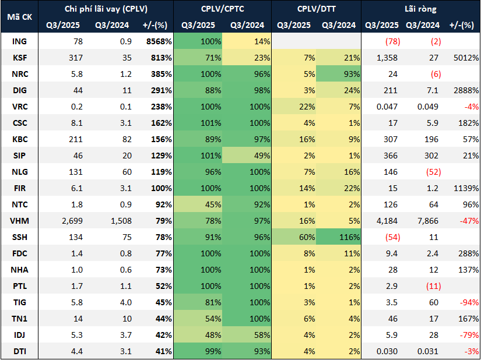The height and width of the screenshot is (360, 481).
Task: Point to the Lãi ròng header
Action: tap(420, 9)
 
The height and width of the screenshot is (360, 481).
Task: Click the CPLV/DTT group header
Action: tap(316, 9)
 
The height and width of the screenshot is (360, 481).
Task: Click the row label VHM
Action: tap(19, 221)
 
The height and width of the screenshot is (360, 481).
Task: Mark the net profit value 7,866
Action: tap(424, 221)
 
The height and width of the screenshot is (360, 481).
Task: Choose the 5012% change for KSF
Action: tap(465, 58)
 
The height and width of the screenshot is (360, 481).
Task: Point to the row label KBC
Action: tap(19, 139)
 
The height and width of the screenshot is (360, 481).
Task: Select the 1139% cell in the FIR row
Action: tap(465, 188)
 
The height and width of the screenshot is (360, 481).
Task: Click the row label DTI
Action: tap(19, 351)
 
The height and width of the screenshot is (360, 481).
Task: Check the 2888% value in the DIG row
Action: tap(465, 90)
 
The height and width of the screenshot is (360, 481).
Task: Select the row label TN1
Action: tap(19, 319)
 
